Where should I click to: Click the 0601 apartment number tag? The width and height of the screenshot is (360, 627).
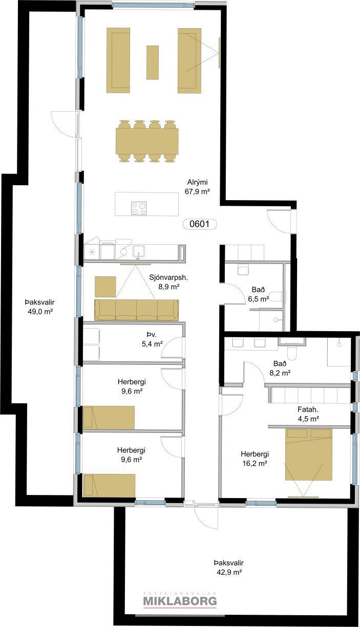(200, 224)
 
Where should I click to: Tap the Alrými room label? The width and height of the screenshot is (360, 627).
(198, 183)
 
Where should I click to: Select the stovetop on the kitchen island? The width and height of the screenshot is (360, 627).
(139, 208)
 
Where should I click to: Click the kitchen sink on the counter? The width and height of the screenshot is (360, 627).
(139, 251)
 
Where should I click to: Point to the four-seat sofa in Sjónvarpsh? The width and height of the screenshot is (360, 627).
(136, 310)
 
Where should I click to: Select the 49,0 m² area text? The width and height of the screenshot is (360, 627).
(40, 311)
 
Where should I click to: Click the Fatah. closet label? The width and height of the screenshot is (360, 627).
(308, 410)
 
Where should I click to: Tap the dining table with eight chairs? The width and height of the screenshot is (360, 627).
(147, 141)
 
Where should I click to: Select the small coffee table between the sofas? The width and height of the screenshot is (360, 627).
(153, 62)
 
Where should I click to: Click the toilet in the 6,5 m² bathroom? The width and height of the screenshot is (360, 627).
(277, 296)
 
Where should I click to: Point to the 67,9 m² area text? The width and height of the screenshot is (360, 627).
(198, 191)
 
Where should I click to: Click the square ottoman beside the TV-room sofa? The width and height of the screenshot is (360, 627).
(105, 287)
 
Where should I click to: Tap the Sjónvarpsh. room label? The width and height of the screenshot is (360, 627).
(168, 277)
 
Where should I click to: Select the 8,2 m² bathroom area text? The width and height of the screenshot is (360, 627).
(280, 373)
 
